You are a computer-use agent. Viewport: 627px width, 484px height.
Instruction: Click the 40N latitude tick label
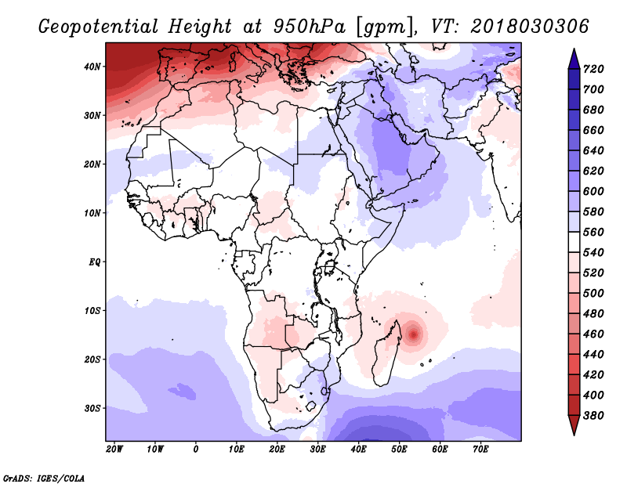point(92,67)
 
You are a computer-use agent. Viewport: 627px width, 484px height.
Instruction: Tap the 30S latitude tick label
point(92,408)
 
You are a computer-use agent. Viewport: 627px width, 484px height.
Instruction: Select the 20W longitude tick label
point(114,449)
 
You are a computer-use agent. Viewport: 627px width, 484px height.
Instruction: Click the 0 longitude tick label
point(195,449)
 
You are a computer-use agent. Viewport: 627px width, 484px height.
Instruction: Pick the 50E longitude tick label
point(399,449)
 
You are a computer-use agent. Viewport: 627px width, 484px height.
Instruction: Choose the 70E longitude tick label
point(480,449)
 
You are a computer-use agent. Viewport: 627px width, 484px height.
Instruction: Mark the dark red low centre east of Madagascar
point(414,335)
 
